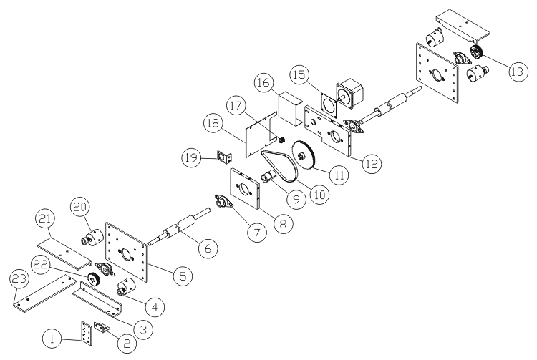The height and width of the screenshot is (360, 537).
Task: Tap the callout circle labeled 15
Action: [x=299, y=74]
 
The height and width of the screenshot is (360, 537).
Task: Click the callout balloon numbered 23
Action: [x=19, y=280]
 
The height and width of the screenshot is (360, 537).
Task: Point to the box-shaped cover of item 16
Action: [x=291, y=107]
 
